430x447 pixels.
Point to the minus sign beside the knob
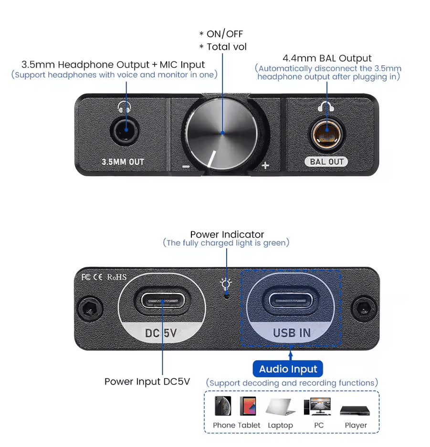point(186,166)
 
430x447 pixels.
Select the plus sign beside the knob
point(265,166)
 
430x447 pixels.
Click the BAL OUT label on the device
point(326,162)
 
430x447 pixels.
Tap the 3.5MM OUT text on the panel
point(123,162)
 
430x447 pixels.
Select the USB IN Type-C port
point(291,301)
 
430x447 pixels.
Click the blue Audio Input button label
point(288,369)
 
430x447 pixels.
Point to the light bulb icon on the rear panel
point(226,284)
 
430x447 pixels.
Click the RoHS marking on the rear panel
point(117,277)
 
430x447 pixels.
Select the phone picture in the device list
point(223,405)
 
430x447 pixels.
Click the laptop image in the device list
point(280,407)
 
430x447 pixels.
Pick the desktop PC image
point(317,406)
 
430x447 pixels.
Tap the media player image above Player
point(355,411)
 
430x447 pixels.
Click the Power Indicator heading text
point(227,234)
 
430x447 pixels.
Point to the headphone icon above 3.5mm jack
point(125,106)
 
